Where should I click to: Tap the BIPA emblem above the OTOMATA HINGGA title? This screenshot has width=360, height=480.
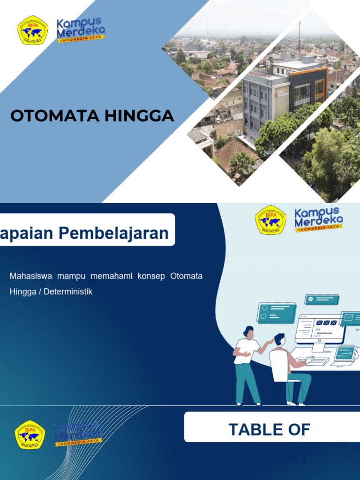click(x=33, y=30)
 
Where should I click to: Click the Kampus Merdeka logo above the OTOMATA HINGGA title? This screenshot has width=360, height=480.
click(x=80, y=30)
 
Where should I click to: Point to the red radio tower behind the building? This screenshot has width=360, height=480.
click(x=299, y=40)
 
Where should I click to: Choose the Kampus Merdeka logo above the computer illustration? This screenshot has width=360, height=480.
click(x=319, y=219)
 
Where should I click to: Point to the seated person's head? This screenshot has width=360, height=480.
click(x=279, y=339)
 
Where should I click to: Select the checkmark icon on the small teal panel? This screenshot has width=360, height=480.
click(x=311, y=299)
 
